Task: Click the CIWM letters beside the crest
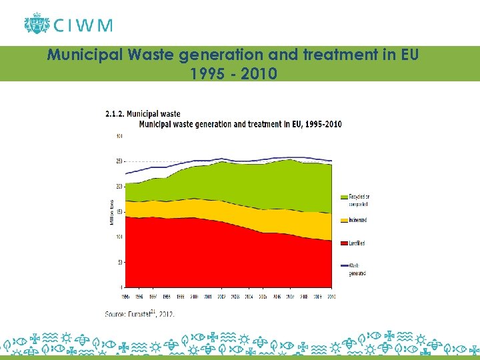click(83, 25)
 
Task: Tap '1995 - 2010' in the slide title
click(233, 73)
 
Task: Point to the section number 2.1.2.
click(114, 114)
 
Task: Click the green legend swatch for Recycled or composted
click(345, 197)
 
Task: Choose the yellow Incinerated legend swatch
click(345, 220)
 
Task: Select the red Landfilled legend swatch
click(345, 243)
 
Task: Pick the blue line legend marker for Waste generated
click(345, 266)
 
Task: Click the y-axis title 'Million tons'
click(112, 211)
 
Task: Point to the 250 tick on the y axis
click(119, 161)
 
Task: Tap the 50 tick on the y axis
click(120, 262)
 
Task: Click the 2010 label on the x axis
click(331, 295)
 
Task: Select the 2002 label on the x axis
click(221, 295)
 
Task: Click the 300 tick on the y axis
click(119, 136)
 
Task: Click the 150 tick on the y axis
click(119, 212)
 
